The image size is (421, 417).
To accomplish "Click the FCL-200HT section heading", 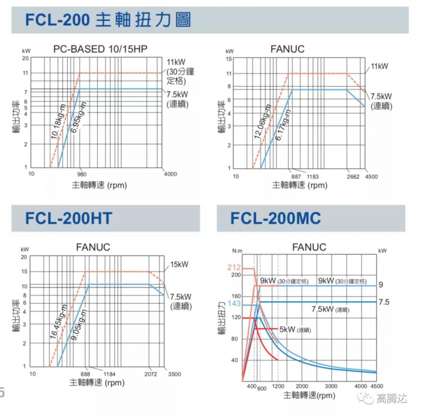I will (x=69, y=218).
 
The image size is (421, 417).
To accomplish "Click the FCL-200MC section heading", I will (x=276, y=218).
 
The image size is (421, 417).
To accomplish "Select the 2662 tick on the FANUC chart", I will (x=353, y=177).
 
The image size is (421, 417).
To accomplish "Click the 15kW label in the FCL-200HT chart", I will (x=180, y=265).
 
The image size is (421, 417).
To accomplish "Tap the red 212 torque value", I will (x=234, y=268).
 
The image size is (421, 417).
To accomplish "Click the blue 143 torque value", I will (x=234, y=304).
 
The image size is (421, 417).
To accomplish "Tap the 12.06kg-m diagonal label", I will (x=263, y=125).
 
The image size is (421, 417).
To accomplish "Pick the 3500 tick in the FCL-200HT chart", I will (x=174, y=374).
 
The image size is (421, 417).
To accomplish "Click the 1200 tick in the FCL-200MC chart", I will (x=279, y=387).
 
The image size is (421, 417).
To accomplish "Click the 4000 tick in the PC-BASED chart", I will (x=170, y=174).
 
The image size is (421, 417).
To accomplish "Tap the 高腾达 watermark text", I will (x=392, y=399).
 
